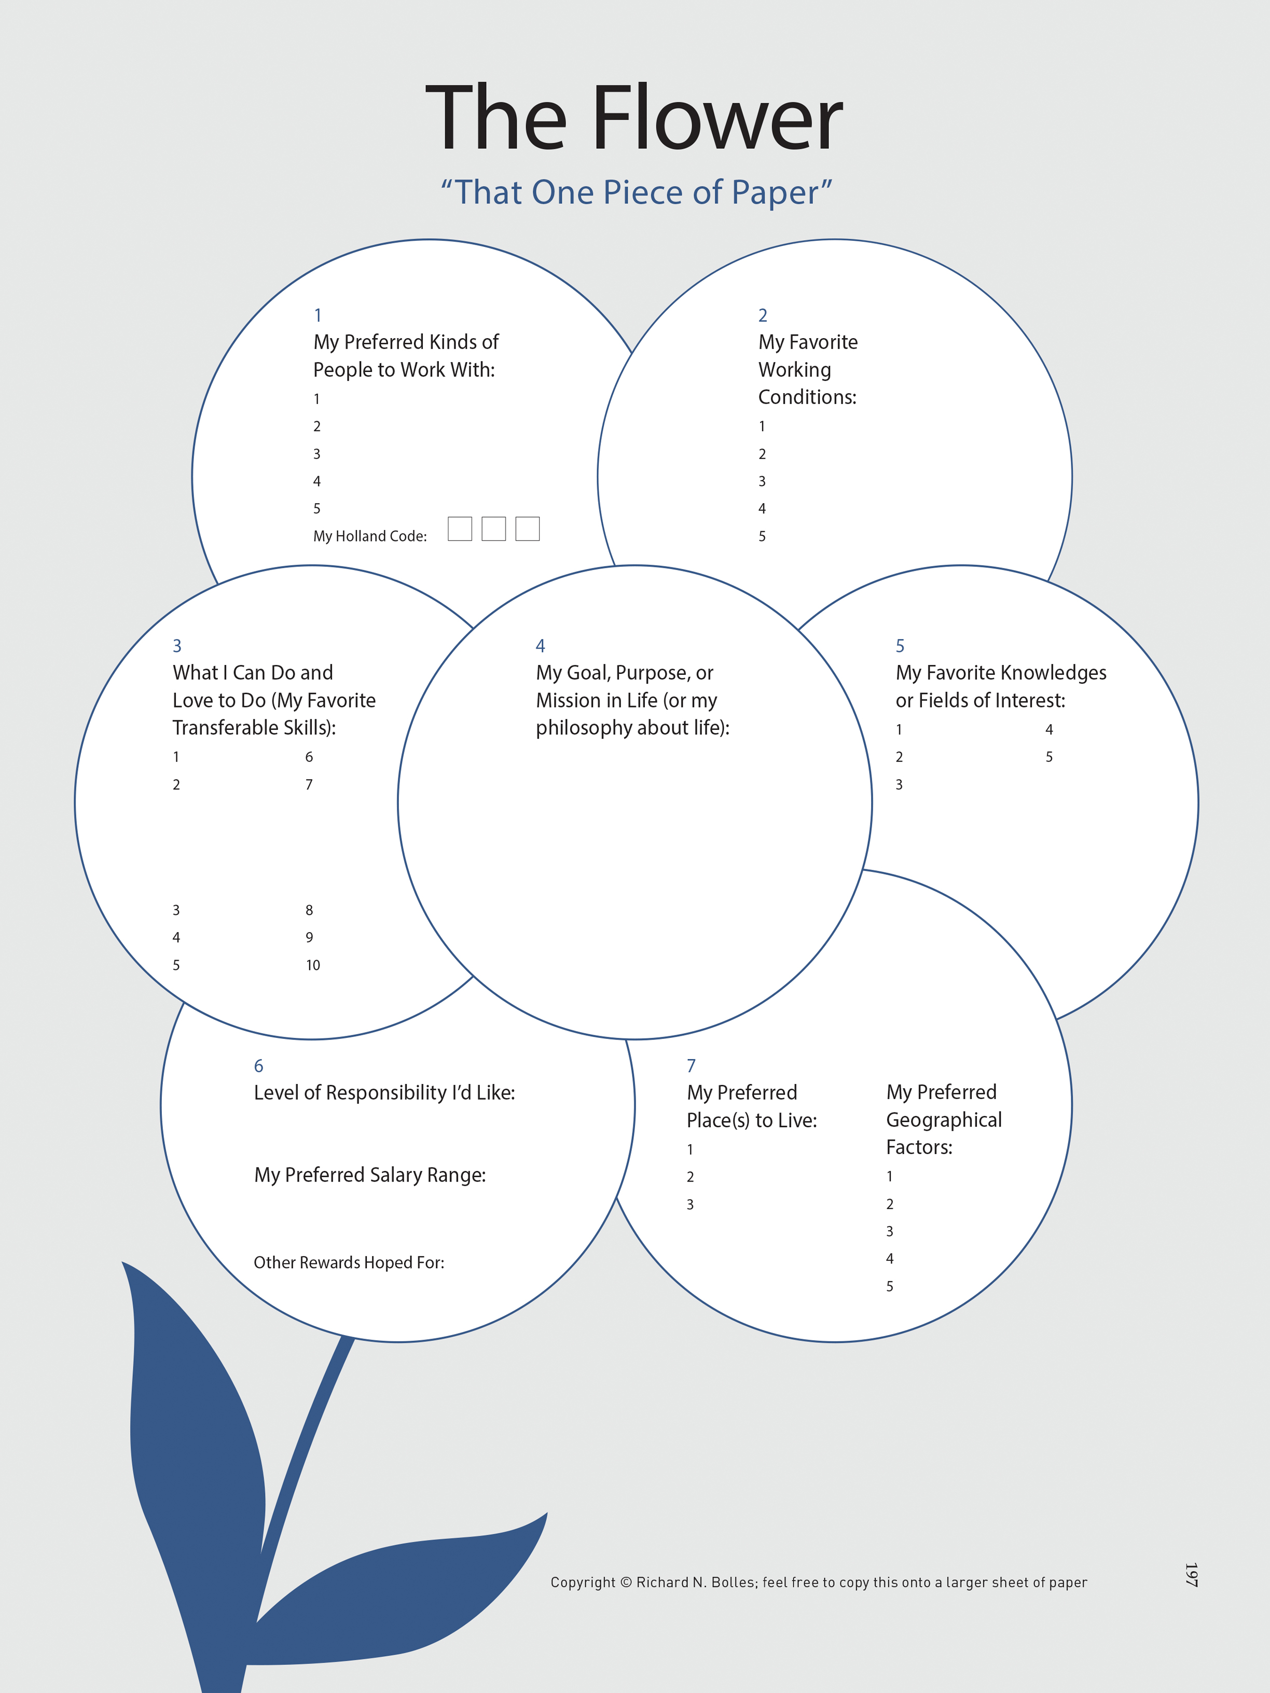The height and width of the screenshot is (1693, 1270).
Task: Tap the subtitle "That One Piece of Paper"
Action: [636, 192]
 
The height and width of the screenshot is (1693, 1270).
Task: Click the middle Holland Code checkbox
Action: [494, 529]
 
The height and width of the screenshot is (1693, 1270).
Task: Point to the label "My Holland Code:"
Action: [370, 536]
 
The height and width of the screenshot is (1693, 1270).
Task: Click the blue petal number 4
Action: [541, 646]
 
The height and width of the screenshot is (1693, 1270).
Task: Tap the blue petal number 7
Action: [691, 1065]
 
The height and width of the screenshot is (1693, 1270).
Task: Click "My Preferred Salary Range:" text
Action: [370, 1175]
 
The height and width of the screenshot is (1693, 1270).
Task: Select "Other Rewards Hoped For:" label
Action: [349, 1263]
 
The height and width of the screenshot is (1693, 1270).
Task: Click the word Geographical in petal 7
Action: [944, 1120]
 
